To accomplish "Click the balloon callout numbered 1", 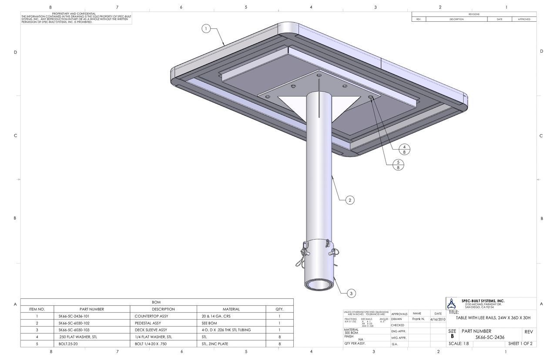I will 207,29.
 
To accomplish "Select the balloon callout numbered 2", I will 350,200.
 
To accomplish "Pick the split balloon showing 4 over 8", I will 404,150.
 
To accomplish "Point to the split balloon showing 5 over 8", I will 398,165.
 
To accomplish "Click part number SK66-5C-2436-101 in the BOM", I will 74,316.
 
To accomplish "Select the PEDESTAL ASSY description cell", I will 148,323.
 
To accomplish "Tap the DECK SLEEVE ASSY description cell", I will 151,330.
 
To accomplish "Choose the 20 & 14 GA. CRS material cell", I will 216,316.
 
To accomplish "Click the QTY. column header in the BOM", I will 279,309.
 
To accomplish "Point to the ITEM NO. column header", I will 37,309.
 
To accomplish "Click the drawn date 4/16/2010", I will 438,319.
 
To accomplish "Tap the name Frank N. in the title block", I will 418,319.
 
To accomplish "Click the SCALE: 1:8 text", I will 459,343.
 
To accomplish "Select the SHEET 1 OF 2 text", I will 520,343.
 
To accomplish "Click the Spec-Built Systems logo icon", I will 452,303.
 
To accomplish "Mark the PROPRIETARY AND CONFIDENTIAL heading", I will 74,14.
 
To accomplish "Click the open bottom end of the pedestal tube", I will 319,285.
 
